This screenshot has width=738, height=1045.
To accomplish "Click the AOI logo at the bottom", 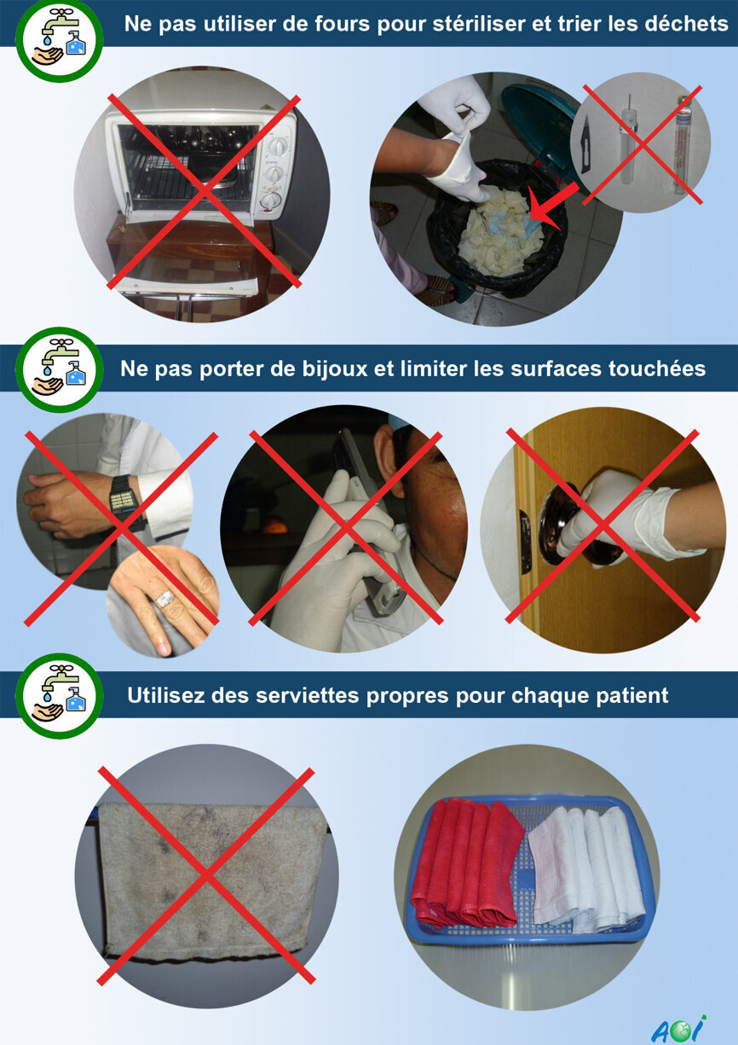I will [678, 1029].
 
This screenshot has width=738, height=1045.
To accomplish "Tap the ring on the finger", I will [165, 599].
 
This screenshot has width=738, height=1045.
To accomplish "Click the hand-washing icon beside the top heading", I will [59, 39].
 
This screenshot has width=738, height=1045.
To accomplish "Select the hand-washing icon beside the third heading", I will [59, 695].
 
